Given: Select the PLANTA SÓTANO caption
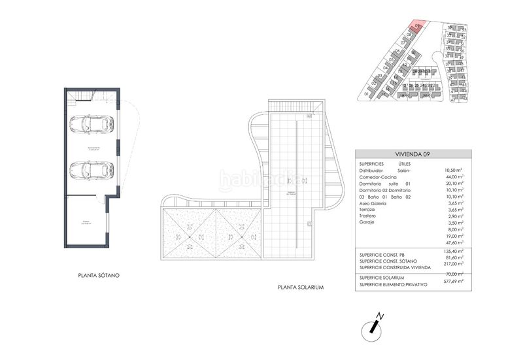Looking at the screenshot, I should click(98, 276).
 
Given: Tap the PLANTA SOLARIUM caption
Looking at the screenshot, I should click(301, 287).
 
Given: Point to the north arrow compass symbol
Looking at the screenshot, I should click(375, 325).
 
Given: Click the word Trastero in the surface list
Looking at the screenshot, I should click(371, 216).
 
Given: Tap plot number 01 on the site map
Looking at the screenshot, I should click(367, 94).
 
